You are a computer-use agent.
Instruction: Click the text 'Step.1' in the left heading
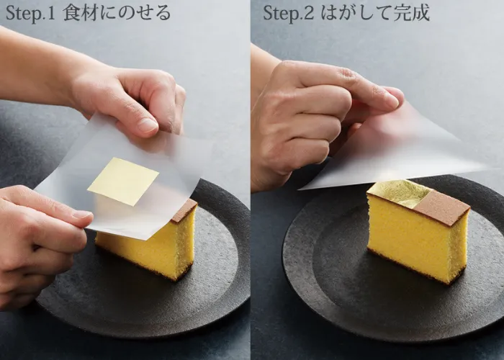point(30,14)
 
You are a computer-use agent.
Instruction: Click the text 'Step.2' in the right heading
point(288,14)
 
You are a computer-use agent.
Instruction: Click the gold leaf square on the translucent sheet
point(123,181)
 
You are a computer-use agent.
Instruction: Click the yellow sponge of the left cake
point(151,248)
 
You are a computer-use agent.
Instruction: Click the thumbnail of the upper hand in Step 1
point(148,125)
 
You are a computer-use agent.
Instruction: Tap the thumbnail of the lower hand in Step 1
point(81,215)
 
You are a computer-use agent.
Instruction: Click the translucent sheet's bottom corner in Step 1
point(147,240)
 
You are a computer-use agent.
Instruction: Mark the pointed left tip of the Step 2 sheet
point(300,189)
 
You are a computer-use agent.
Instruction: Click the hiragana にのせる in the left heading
point(134,14)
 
